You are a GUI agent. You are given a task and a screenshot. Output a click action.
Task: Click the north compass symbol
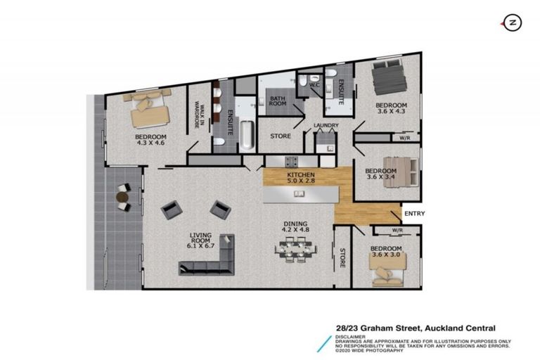coord(513,23)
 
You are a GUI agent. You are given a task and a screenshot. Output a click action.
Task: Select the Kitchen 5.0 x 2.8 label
coord(300,177)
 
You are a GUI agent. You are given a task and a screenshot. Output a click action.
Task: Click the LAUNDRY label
coord(326,126)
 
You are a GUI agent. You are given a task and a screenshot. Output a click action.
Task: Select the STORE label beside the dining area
coord(342,257)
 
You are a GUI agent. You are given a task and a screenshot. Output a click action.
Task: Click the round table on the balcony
coord(122,198)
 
